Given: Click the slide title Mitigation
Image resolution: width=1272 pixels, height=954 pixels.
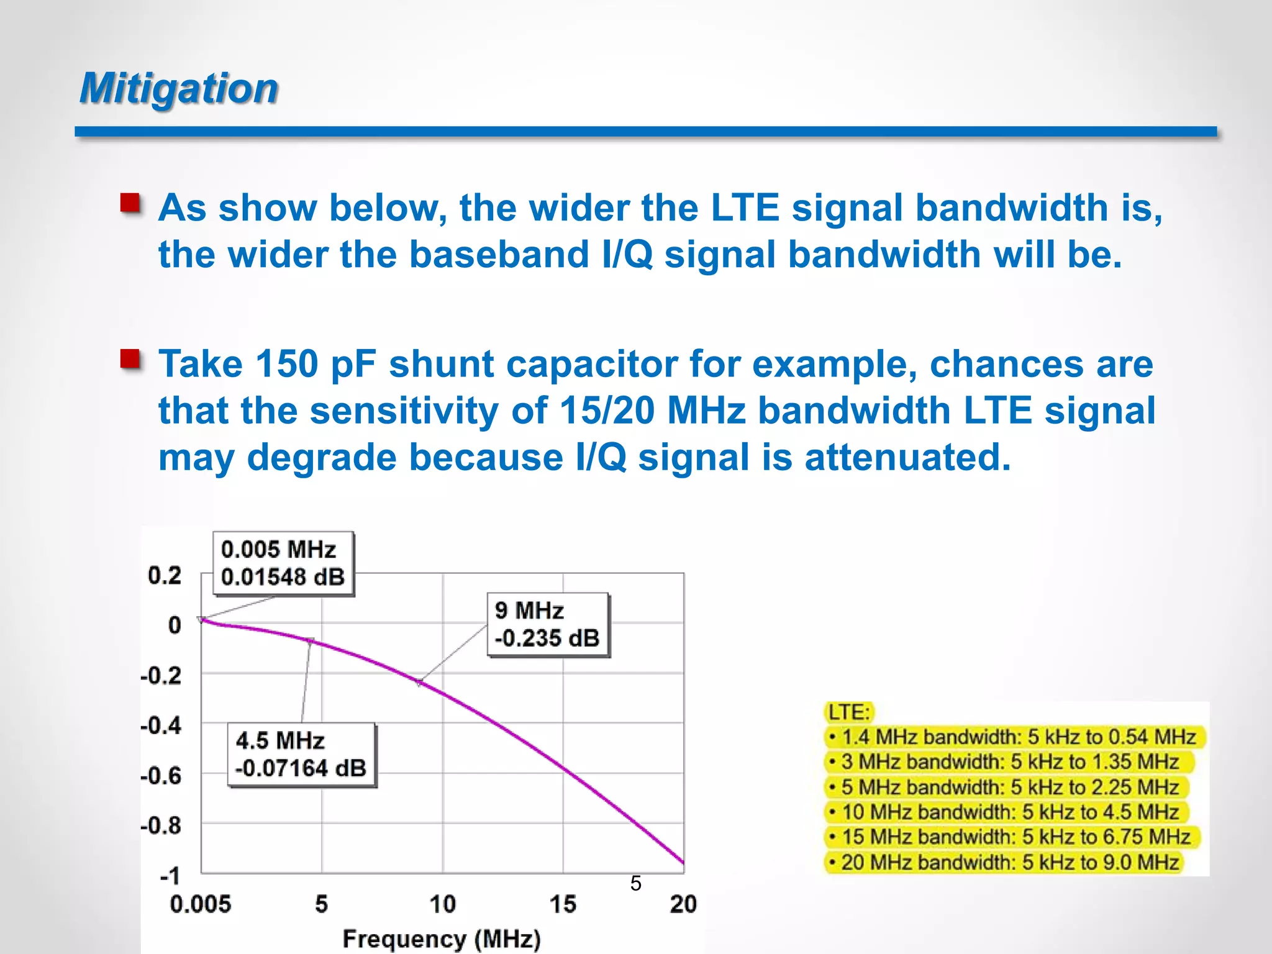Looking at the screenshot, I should pos(179,88).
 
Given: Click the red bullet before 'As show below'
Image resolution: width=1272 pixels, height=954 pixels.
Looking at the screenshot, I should pos(130,203).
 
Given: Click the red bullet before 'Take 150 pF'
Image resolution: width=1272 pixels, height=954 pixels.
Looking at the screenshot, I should pos(130,359).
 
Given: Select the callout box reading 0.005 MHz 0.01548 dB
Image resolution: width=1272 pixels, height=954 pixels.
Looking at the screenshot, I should pos(283,563).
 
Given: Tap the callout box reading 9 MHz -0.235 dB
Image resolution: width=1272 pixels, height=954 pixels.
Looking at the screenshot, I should pos(548,624).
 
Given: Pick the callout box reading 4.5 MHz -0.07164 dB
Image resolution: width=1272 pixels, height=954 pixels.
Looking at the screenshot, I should pos(301,755).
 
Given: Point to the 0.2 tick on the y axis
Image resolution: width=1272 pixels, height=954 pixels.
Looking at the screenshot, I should pos(165,575).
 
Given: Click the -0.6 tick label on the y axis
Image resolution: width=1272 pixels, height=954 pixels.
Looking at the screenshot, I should pos(161,776).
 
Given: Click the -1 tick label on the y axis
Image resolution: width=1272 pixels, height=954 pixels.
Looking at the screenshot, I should pos(170,876).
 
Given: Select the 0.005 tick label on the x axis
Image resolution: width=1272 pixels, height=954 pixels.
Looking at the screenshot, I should pos(200,904).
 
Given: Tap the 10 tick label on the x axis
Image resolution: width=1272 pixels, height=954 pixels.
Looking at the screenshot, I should pos(442,904).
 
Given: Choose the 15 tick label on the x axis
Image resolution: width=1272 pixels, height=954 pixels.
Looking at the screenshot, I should pos(563,904).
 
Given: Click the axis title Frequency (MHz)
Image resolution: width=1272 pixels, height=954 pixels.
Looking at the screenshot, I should pos(442,938).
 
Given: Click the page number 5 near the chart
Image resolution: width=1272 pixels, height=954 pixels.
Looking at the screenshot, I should pos(635,883).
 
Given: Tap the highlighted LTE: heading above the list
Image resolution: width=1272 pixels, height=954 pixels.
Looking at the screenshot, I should pos(849,712).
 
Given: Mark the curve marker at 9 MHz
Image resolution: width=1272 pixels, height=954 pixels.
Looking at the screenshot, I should pos(419,683).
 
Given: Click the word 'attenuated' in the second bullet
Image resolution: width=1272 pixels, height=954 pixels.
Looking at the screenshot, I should pos(907,458).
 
